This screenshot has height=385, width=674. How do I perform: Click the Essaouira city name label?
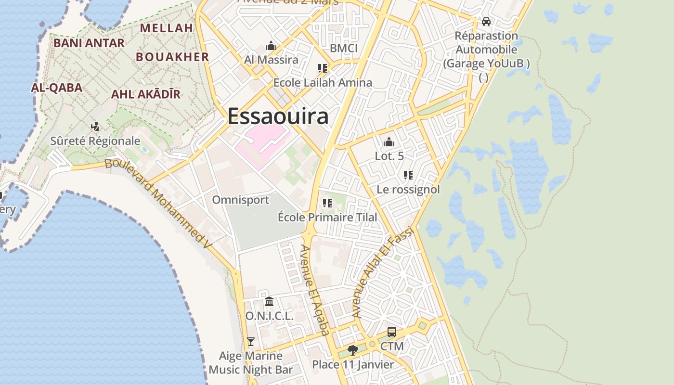278,116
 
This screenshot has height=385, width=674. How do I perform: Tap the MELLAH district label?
166,28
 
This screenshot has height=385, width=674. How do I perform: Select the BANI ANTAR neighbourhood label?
89,43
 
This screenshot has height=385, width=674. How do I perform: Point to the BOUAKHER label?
172,57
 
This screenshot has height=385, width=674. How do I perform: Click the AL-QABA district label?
56,88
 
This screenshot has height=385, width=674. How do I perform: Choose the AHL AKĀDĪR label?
145,94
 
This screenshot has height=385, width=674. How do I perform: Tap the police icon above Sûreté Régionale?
95,127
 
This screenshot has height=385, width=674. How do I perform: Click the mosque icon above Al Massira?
271,46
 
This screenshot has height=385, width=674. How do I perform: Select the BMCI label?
344,48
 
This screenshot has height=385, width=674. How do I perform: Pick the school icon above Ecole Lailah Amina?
323,68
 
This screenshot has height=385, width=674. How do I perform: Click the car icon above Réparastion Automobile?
486,22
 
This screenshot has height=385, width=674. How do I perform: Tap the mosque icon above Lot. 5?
389,142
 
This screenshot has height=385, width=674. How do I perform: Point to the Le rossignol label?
408,190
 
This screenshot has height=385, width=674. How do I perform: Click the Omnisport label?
241,200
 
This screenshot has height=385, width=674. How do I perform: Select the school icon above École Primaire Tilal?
327,203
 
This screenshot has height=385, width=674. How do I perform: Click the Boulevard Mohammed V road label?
159,202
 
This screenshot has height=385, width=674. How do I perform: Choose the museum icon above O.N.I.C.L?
269,302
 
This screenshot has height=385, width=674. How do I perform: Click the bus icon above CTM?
392,332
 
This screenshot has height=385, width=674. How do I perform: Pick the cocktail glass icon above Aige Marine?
250,342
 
